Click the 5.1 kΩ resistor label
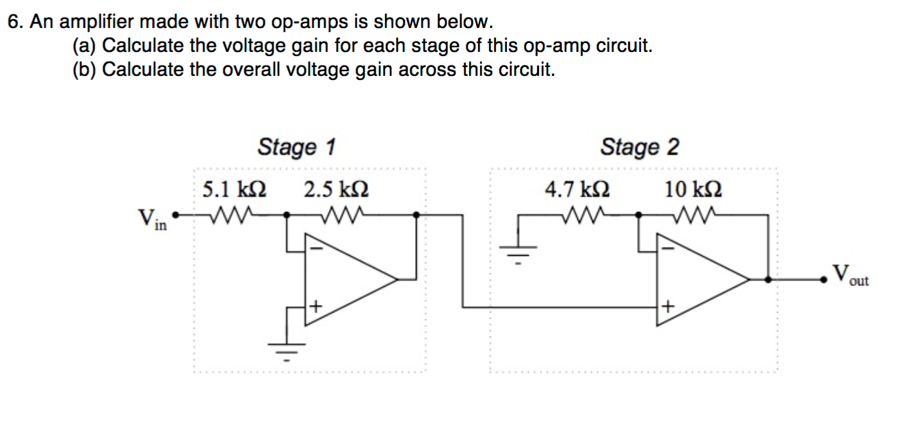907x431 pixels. coord(235,189)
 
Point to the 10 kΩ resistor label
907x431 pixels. coord(692,189)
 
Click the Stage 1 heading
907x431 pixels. coord(296,147)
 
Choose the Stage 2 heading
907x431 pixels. coord(640,147)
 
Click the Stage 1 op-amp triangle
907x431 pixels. coord(345,279)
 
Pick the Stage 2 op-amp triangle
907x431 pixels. coord(698,279)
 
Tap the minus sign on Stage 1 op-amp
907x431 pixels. coord(315,250)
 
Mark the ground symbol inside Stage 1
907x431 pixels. coord(287,349)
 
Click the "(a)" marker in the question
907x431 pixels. coord(85,47)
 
